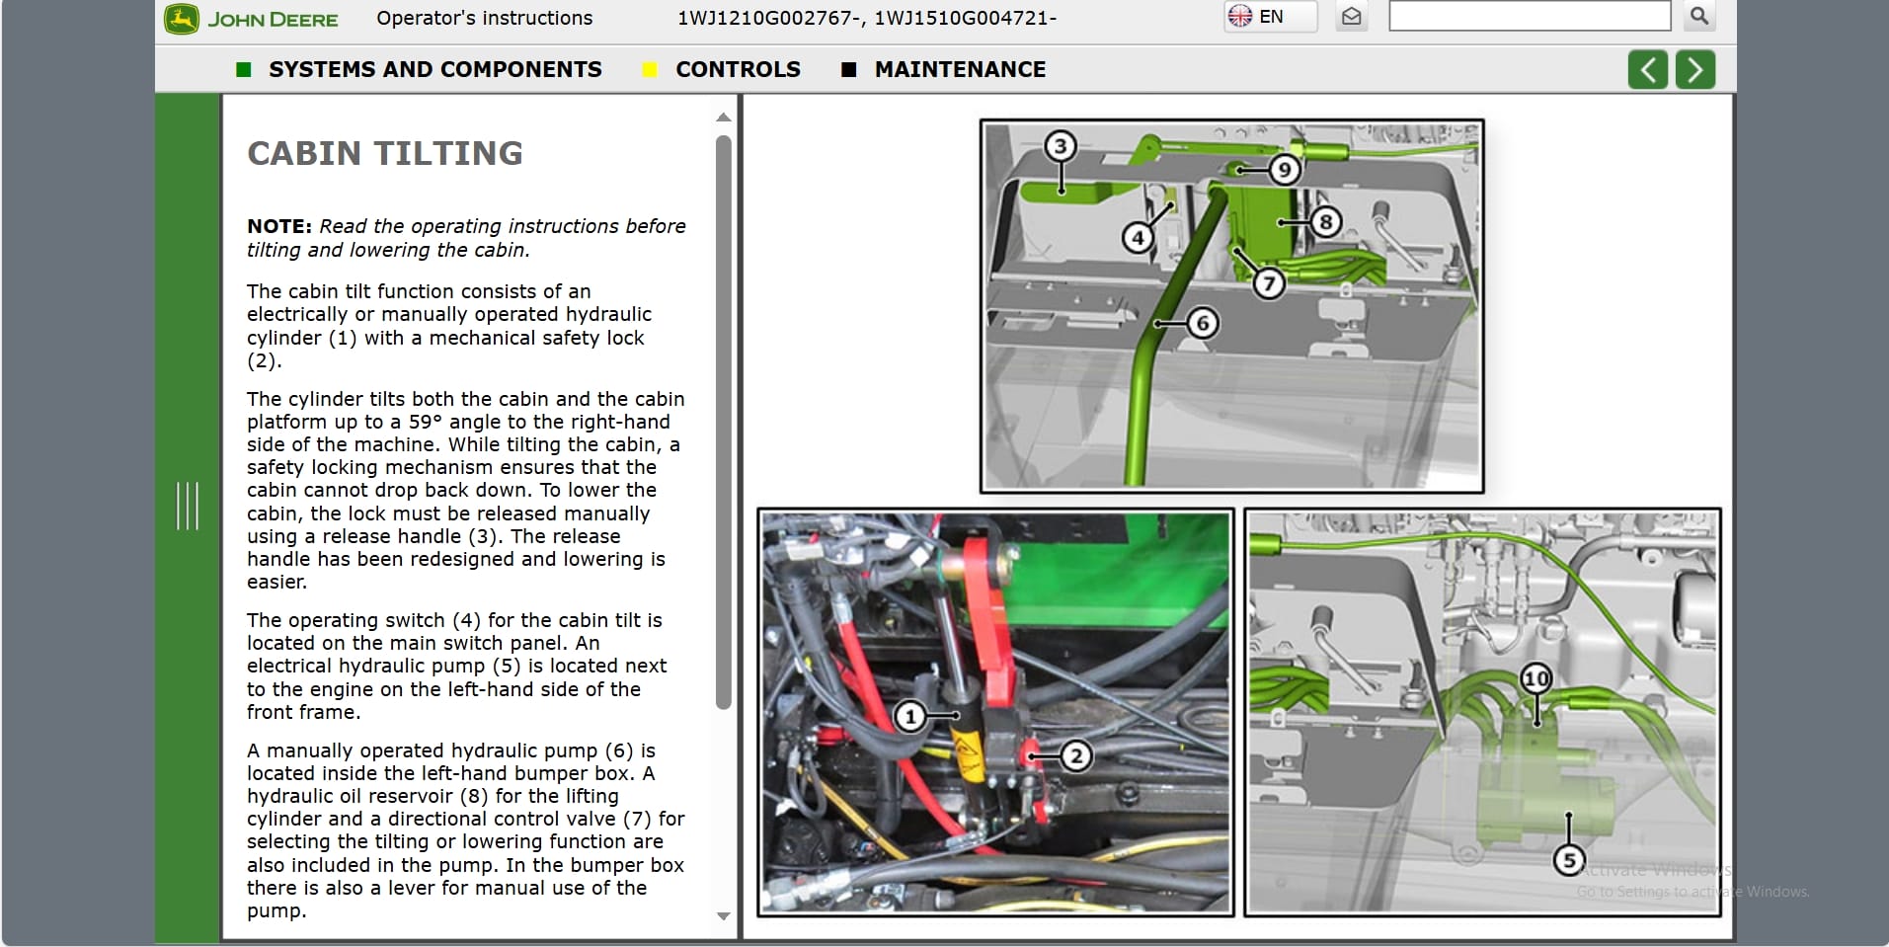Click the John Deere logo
click(x=252, y=19)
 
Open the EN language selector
click(x=1269, y=17)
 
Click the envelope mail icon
click(x=1352, y=17)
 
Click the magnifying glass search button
click(x=1698, y=16)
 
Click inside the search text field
click(x=1529, y=17)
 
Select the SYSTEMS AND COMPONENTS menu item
click(x=434, y=69)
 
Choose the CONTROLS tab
click(x=738, y=69)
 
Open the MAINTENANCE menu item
click(x=960, y=69)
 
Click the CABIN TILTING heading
click(x=385, y=153)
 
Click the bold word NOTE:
click(x=278, y=226)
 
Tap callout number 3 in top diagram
click(x=1060, y=146)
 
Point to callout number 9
click(x=1284, y=170)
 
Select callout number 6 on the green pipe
click(x=1202, y=323)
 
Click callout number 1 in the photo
click(x=910, y=716)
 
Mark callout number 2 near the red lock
click(x=1075, y=756)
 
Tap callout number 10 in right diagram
click(x=1535, y=678)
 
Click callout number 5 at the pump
click(x=1568, y=859)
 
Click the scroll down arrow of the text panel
click(x=724, y=915)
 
